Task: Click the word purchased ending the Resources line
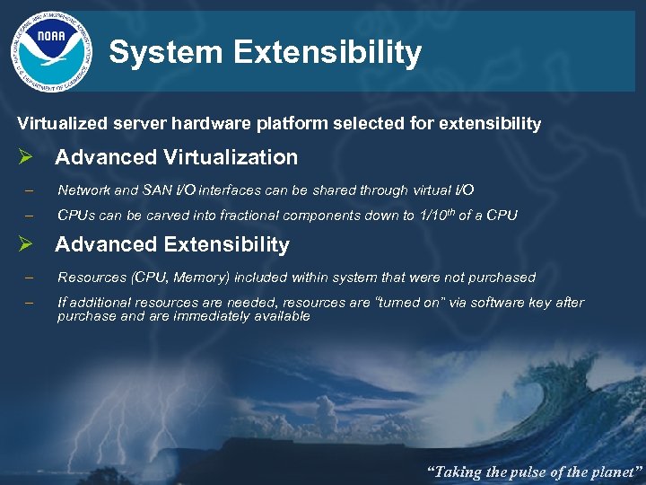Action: point(501,278)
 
